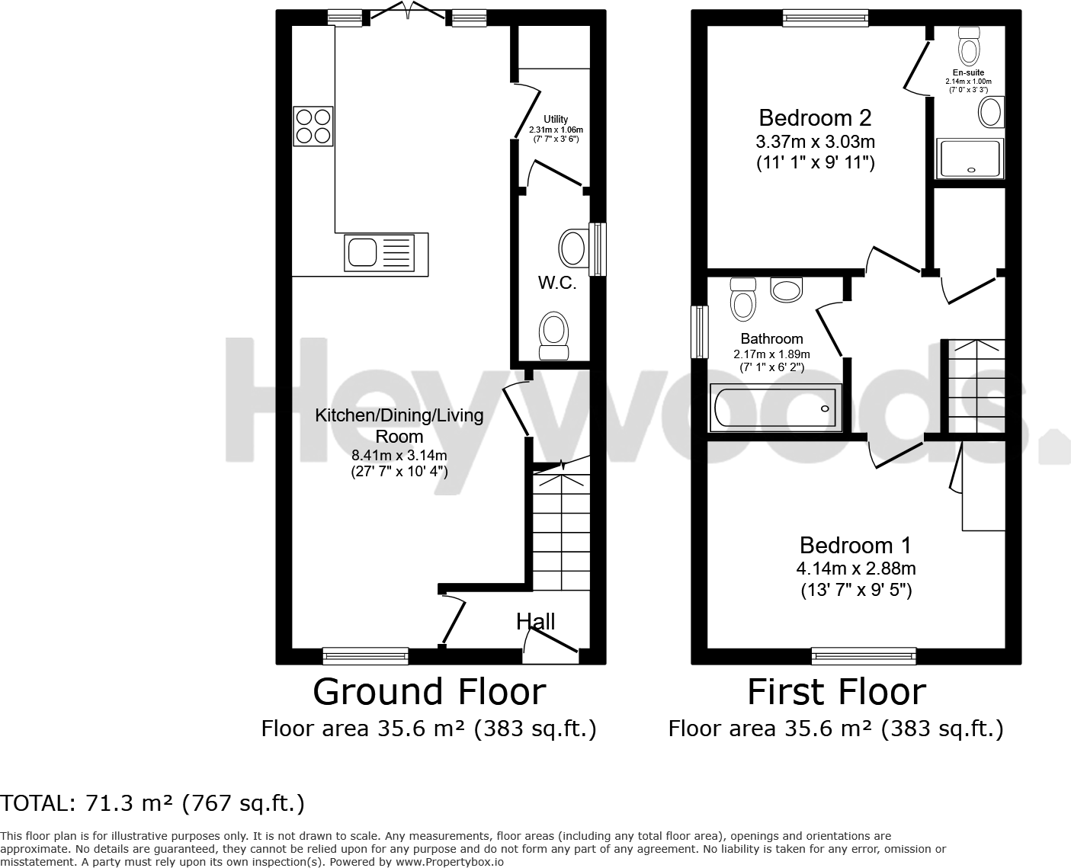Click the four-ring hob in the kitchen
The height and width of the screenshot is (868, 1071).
click(x=313, y=127)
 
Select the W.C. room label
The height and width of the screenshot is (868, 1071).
click(x=556, y=283)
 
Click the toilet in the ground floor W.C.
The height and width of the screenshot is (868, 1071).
click(x=554, y=335)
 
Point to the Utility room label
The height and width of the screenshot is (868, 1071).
click(x=556, y=119)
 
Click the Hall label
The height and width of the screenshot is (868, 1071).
click(x=536, y=621)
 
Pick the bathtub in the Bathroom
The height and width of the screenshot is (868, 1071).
click(x=774, y=408)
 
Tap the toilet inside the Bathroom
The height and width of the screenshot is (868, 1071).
click(x=742, y=299)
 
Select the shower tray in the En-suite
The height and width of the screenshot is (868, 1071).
click(x=970, y=159)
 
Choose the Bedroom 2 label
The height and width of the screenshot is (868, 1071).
click(x=815, y=117)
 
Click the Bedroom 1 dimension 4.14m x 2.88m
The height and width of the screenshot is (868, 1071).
click(x=856, y=568)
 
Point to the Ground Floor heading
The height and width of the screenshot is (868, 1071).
click(x=429, y=692)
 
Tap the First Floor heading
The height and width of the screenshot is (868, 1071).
click(x=836, y=692)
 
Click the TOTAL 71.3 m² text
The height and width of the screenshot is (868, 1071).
click(x=152, y=802)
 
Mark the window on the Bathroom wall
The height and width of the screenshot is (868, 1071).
click(x=699, y=332)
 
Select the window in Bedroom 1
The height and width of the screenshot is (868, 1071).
click(x=864, y=655)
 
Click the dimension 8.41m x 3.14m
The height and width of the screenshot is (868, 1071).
click(x=399, y=455)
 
